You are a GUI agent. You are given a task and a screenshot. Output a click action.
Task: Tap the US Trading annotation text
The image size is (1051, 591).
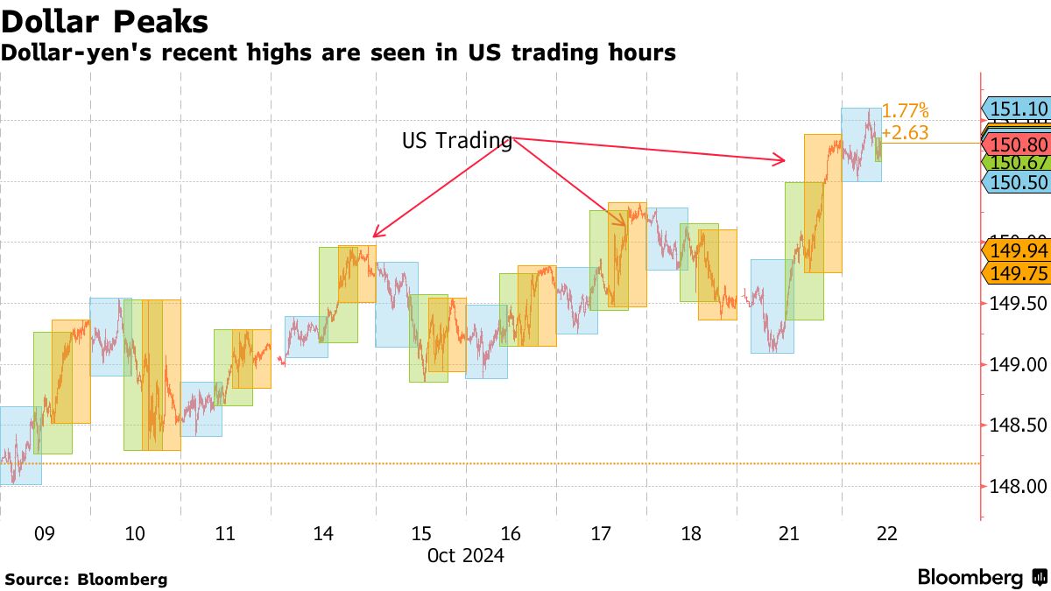456,140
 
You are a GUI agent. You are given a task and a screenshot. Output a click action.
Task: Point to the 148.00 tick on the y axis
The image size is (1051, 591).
1016,486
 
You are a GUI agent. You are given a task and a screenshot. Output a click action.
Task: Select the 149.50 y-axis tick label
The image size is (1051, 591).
1016,303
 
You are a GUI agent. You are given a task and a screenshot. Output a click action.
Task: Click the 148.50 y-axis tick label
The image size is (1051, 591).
1016,426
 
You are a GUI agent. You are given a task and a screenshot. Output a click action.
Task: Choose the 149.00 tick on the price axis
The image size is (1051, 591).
1016,364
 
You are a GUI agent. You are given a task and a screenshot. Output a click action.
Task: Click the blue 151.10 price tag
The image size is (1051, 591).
1018,109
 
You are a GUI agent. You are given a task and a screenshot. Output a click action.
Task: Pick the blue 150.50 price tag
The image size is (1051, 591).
1018,182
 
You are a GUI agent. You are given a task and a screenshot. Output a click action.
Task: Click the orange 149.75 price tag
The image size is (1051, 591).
1018,273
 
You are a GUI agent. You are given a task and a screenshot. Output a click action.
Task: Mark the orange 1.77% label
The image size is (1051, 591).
905,111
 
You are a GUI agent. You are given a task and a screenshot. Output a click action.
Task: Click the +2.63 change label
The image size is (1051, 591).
905,133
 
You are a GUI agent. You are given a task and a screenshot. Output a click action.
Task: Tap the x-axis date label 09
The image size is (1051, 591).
45,534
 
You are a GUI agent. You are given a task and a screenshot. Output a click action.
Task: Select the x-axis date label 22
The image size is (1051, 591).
886,534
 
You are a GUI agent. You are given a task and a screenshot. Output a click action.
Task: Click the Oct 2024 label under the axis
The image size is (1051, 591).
465,555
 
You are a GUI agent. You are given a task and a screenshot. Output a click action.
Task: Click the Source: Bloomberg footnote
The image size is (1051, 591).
86,579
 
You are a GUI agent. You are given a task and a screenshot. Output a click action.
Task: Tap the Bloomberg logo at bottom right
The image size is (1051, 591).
982,578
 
